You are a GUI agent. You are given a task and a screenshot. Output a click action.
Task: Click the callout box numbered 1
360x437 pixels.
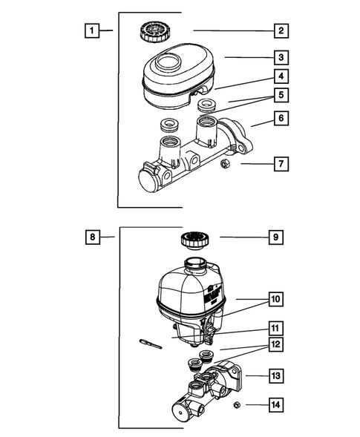point(92,30)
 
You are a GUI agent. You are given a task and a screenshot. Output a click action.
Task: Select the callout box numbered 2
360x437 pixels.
point(281,30)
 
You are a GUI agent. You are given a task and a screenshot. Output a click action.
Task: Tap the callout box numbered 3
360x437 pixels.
point(281,58)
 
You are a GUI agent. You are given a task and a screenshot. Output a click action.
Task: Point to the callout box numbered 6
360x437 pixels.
point(281,118)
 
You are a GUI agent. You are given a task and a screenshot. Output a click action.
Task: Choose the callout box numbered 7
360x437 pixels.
point(281,164)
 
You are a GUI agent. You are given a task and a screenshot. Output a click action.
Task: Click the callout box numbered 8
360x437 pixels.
point(93,237)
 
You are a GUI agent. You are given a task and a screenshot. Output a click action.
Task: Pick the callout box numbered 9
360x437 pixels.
point(276,237)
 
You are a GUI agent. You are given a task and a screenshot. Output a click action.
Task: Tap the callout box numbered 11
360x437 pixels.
point(276,328)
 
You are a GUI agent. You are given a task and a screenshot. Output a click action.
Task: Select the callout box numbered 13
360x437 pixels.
point(276,375)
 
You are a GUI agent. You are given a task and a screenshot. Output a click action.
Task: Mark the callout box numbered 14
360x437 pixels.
point(276,404)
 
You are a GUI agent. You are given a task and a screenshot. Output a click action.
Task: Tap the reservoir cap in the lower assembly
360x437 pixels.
point(195,240)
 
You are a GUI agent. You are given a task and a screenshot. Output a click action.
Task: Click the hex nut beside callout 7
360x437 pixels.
point(225,163)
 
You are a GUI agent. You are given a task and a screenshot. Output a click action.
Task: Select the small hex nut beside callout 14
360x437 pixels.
point(237,404)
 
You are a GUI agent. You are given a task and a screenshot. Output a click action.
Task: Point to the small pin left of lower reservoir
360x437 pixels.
point(151,344)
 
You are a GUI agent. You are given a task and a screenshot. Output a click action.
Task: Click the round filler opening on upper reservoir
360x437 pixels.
point(168,62)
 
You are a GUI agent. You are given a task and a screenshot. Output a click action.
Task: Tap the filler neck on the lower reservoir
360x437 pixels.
point(195,263)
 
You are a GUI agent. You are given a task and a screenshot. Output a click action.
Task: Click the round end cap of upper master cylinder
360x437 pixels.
point(150,180)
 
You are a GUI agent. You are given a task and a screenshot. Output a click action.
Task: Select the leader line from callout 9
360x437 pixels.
point(244,237)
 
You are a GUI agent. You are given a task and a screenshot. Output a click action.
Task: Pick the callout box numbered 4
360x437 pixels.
point(281,76)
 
